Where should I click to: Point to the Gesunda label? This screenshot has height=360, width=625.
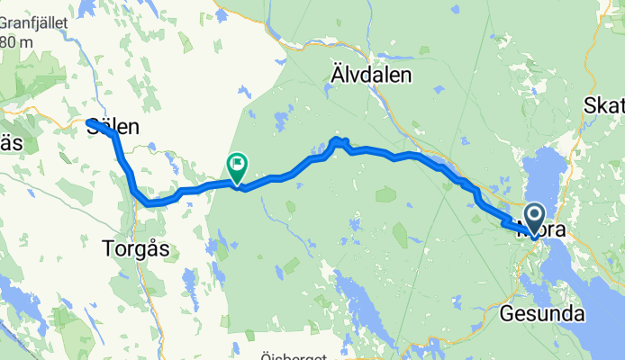point(543,314)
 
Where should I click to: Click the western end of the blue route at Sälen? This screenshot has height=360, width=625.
point(90,122)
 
